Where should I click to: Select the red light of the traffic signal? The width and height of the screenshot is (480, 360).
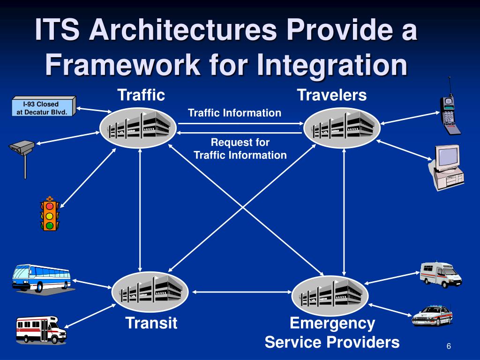point(49,206)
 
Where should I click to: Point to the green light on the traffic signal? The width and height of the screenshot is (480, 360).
point(49,225)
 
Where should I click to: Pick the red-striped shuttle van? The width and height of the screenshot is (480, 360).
point(41,329)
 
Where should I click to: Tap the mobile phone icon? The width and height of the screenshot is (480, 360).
point(449,112)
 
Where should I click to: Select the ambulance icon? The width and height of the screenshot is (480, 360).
point(441,274)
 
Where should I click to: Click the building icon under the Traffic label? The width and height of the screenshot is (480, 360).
point(138,126)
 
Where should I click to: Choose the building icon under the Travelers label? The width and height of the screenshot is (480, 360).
point(342,126)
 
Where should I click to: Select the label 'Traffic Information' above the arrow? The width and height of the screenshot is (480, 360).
point(234,113)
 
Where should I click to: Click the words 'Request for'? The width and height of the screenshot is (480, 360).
point(240,142)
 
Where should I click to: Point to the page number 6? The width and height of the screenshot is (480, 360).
point(449,346)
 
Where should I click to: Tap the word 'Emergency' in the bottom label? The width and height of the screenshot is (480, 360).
point(332,323)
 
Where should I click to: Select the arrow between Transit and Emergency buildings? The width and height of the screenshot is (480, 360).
point(240,292)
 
